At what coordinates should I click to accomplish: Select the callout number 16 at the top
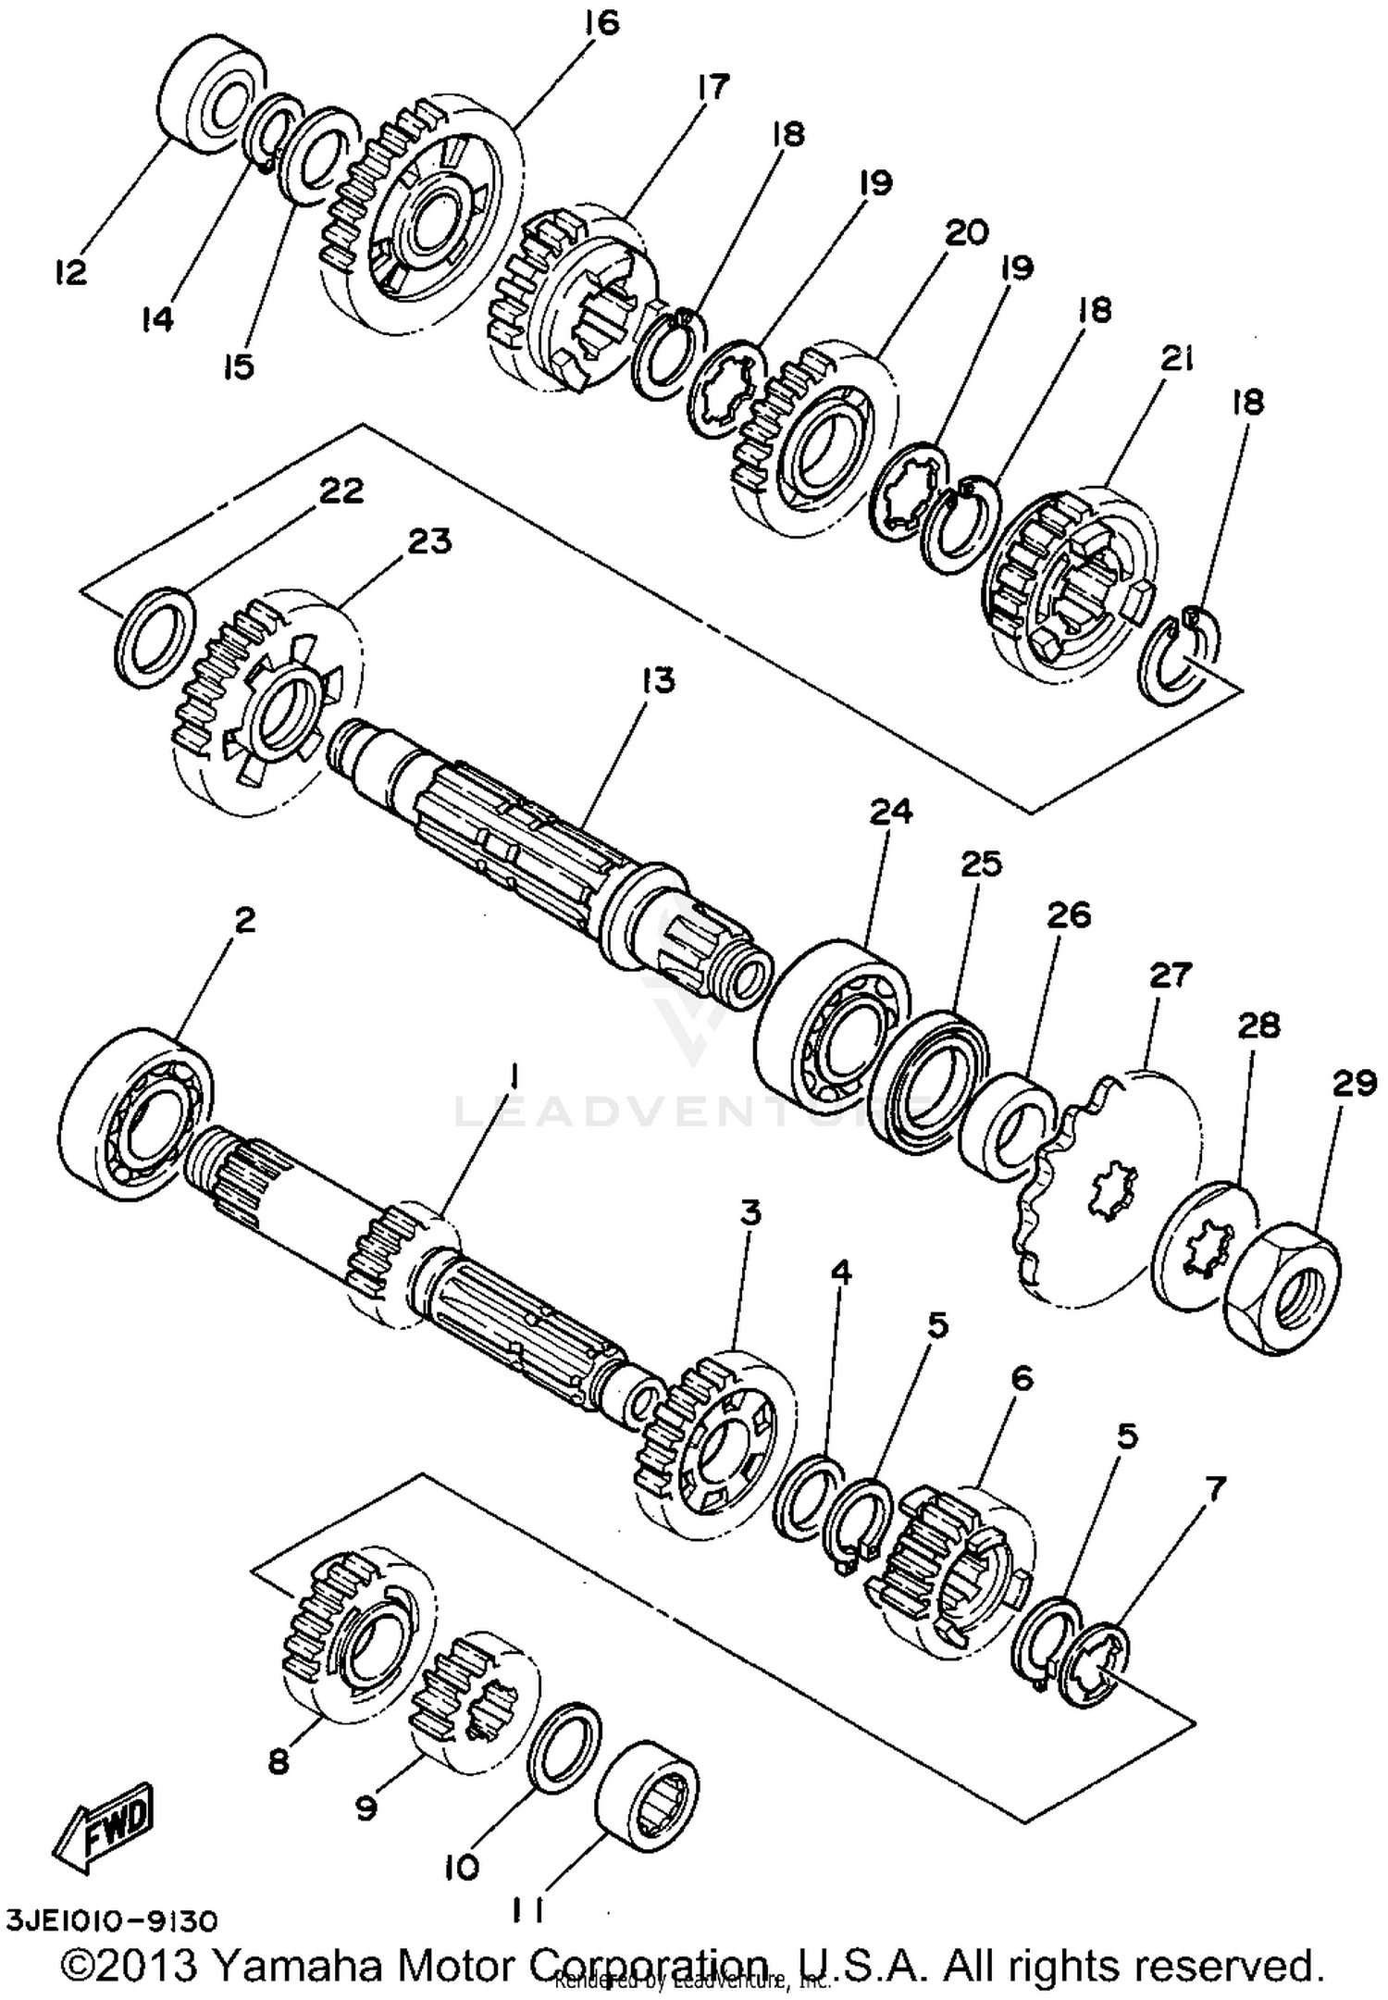601,23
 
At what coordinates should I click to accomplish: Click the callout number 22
341,491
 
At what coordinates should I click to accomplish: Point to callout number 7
1213,1489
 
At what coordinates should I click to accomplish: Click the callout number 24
890,812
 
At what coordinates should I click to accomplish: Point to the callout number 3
750,1212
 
